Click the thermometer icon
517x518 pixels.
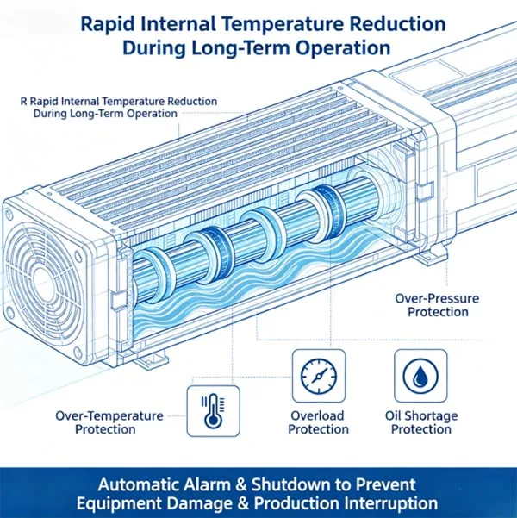pos(214,411)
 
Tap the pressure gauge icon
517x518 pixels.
pos(319,377)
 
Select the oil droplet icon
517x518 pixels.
pos(420,377)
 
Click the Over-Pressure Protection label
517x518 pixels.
pos(438,305)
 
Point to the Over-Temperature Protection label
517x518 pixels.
pos(109,422)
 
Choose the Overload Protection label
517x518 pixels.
pos(318,422)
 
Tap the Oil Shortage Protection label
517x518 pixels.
pos(421,422)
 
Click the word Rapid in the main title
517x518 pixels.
pos(109,24)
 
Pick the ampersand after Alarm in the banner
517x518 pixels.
pos(241,485)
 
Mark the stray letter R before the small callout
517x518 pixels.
pos(23,101)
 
